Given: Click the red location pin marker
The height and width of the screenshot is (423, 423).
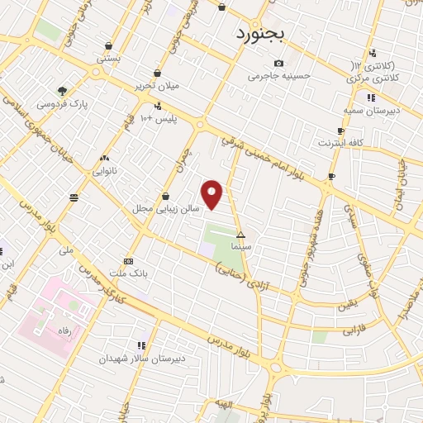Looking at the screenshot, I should [213, 194].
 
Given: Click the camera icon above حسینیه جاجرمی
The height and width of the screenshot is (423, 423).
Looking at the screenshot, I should [278, 64].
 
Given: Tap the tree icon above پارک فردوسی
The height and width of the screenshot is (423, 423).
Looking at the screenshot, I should [63, 91].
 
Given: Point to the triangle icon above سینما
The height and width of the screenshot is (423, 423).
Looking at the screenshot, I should [240, 235].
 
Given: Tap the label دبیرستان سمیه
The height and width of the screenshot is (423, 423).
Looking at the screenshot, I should [371, 109].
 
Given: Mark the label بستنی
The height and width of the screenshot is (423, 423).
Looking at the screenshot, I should [108, 59].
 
